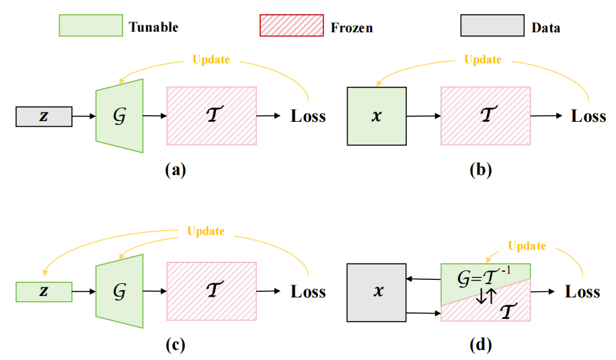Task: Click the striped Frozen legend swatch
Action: [290, 26]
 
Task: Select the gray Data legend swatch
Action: [492, 26]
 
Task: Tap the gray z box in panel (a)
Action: [44, 116]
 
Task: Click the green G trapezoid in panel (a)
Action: [120, 115]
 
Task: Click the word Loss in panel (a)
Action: [308, 116]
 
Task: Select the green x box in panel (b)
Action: [376, 116]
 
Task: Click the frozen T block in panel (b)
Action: [485, 115]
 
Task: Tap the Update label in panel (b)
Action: [482, 59]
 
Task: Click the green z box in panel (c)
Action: [44, 291]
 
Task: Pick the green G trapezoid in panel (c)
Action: [120, 291]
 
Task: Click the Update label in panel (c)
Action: [206, 231]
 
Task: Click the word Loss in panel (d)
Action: [582, 291]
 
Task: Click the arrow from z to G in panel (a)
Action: [84, 116]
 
